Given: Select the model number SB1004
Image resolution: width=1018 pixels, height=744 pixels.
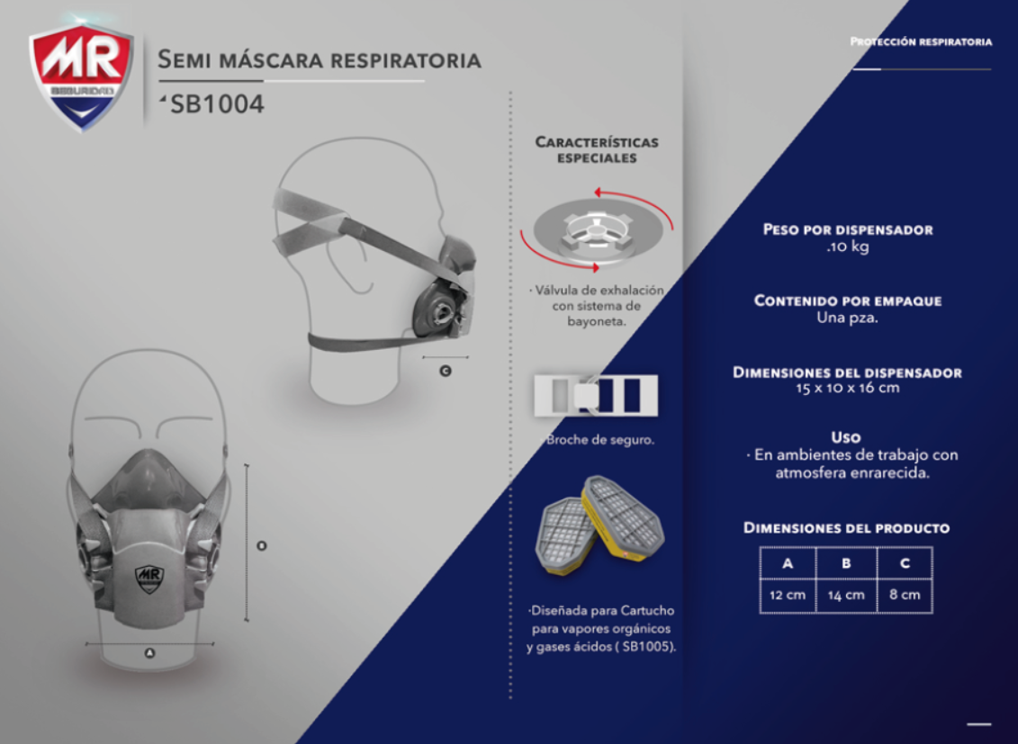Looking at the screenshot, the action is (x=217, y=103).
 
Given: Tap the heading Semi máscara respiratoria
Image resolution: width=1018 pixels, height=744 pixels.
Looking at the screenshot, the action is (x=320, y=59).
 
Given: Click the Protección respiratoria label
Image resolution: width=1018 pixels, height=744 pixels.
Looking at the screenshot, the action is (x=921, y=41).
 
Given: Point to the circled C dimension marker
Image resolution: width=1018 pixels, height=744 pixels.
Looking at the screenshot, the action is (x=446, y=371).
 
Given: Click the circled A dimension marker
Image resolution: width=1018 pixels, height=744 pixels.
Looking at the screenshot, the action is (x=150, y=652).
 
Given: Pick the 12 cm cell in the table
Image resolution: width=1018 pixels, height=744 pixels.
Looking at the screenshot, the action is (x=788, y=595).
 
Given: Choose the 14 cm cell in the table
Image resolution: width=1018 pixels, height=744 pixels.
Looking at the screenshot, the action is (x=846, y=595).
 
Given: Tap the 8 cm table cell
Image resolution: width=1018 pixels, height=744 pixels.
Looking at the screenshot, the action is (x=905, y=595).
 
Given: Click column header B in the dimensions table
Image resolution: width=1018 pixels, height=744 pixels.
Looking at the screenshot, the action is (x=846, y=563).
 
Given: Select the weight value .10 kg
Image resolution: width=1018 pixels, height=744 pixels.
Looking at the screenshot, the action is (x=848, y=247).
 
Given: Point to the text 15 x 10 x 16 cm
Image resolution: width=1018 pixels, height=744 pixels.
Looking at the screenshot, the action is (x=848, y=388).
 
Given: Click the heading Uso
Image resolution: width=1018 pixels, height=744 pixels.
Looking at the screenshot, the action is (x=846, y=437).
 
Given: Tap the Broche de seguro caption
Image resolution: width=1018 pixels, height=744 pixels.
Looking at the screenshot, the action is (x=599, y=440).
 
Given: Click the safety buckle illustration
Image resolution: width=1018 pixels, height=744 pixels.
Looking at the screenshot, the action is (x=596, y=395).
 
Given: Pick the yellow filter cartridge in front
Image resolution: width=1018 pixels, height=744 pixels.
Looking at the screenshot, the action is (x=622, y=518).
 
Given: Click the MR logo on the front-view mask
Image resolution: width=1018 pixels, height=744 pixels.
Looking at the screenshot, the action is (x=149, y=578).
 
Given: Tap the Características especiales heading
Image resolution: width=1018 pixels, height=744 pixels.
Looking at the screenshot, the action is (x=597, y=150).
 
